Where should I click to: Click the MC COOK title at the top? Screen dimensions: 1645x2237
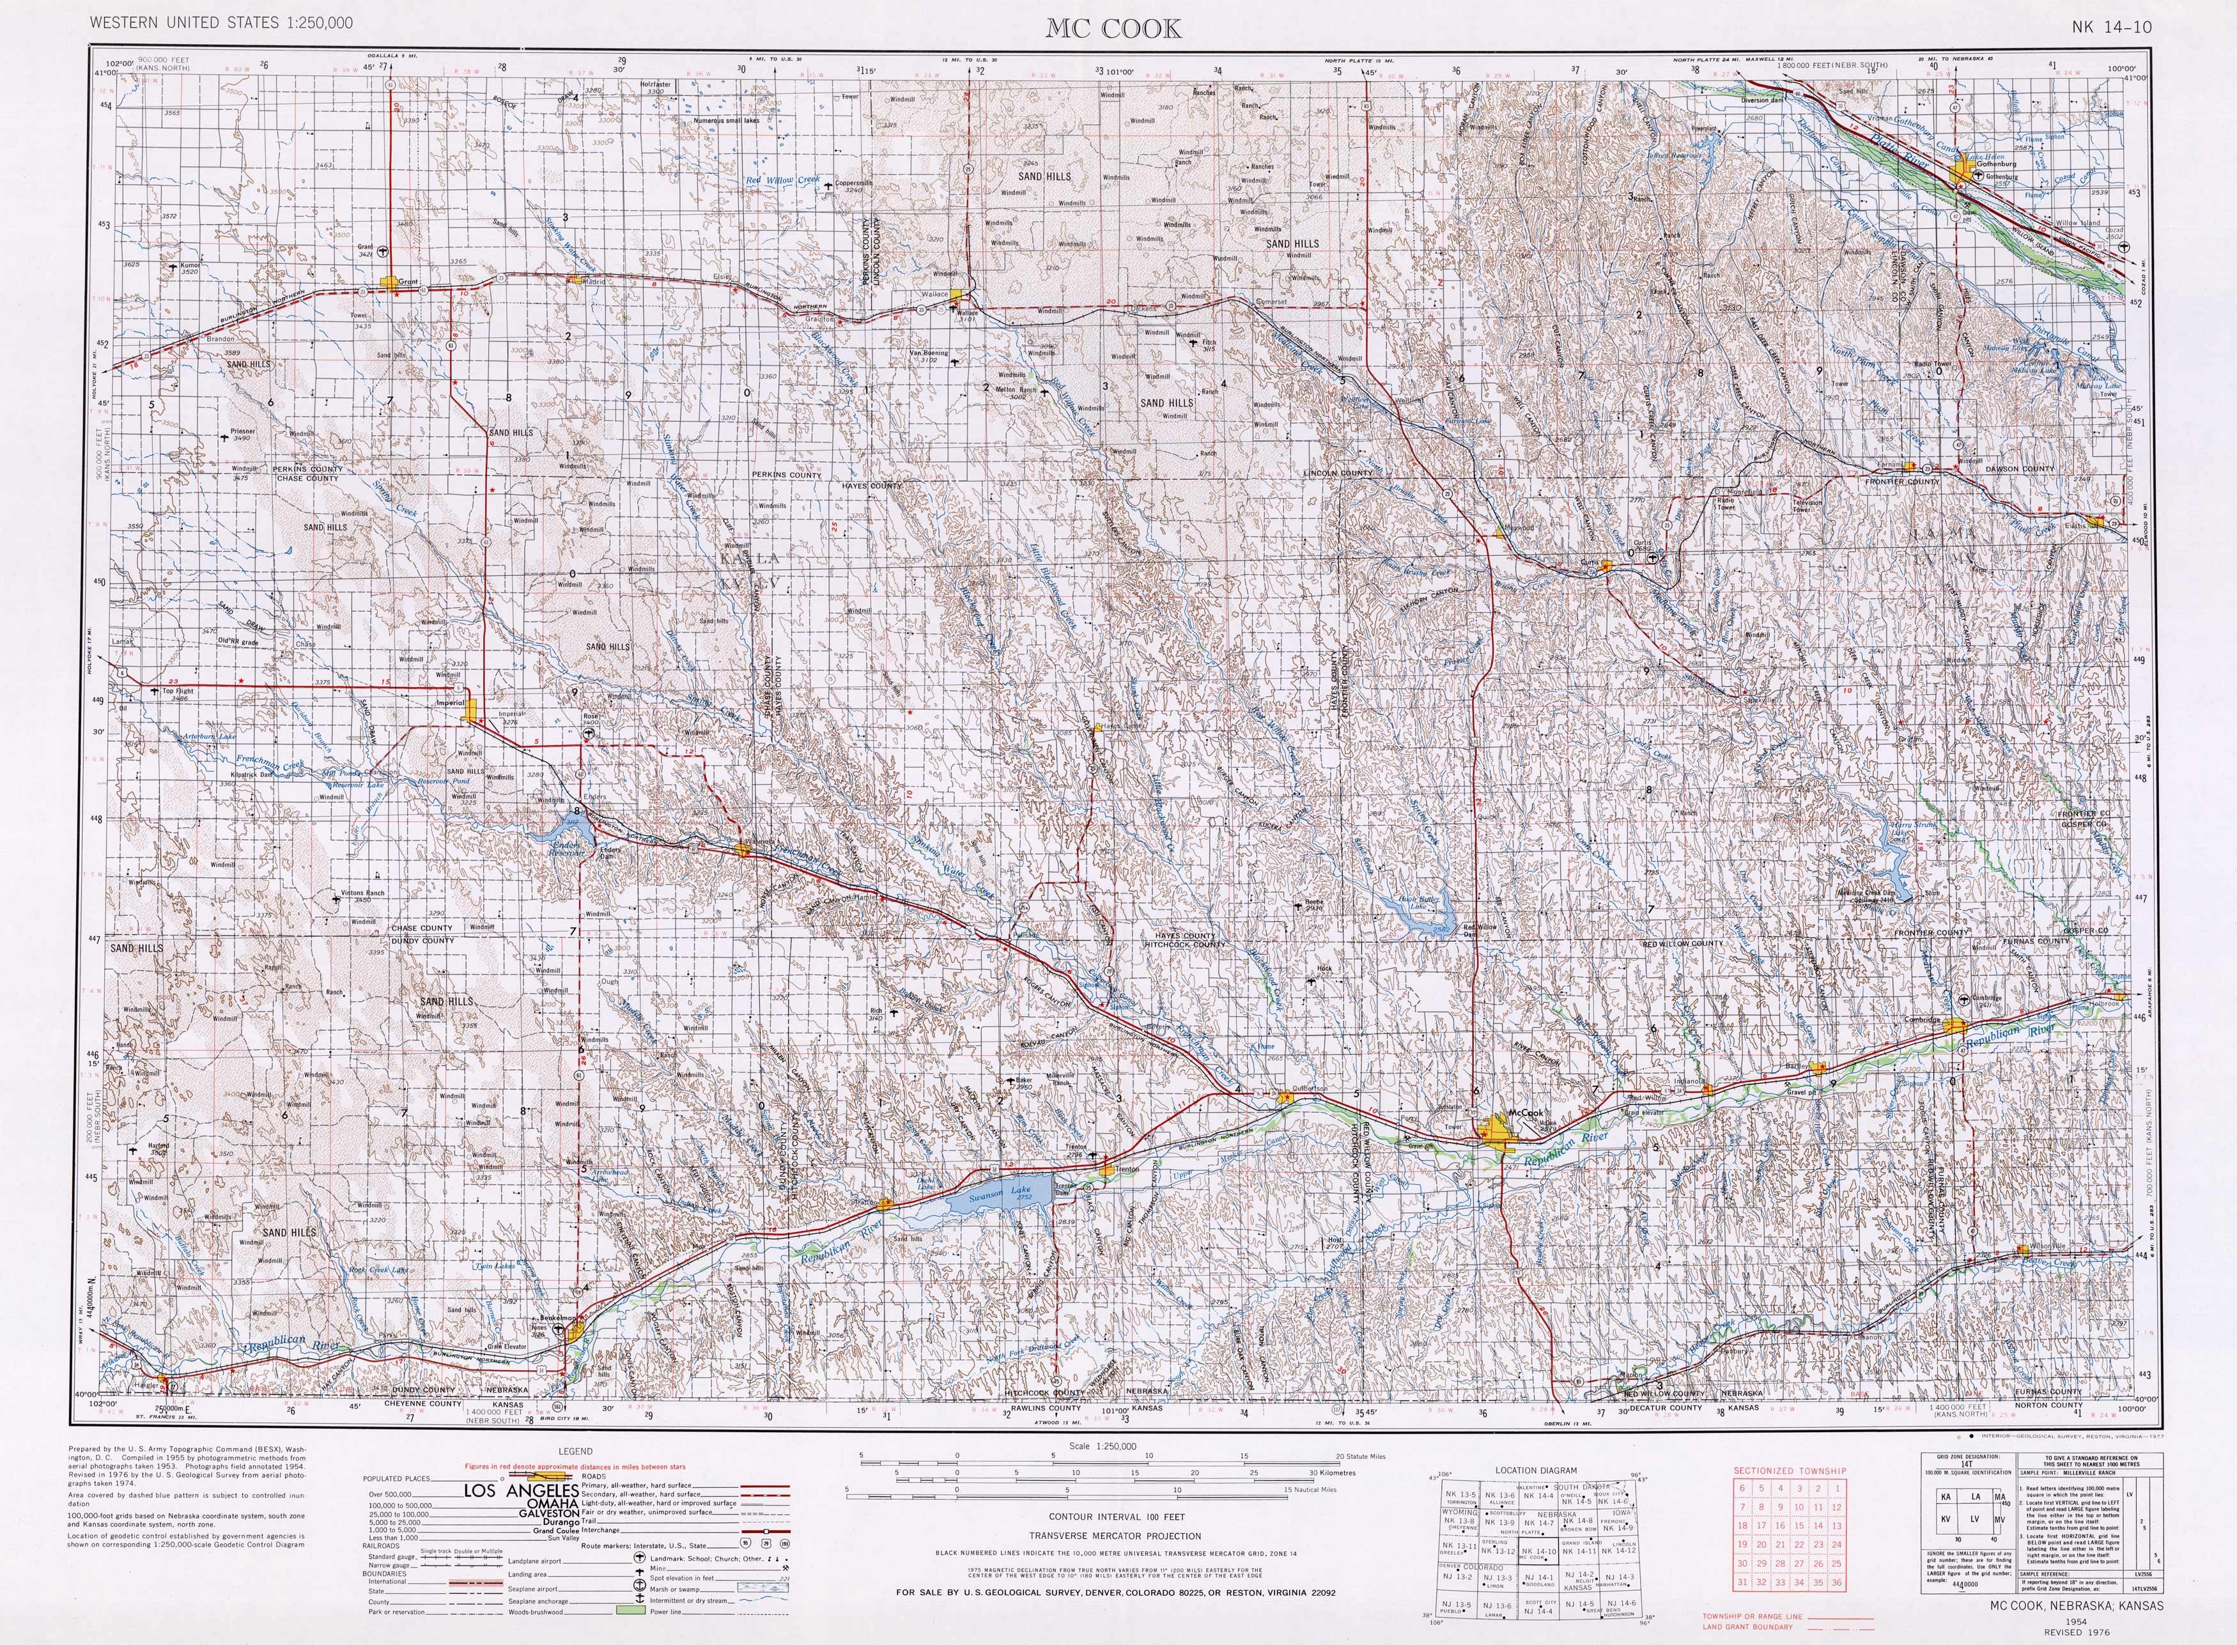(x=1113, y=29)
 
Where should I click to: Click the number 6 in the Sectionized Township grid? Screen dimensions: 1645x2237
(x=1742, y=1488)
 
